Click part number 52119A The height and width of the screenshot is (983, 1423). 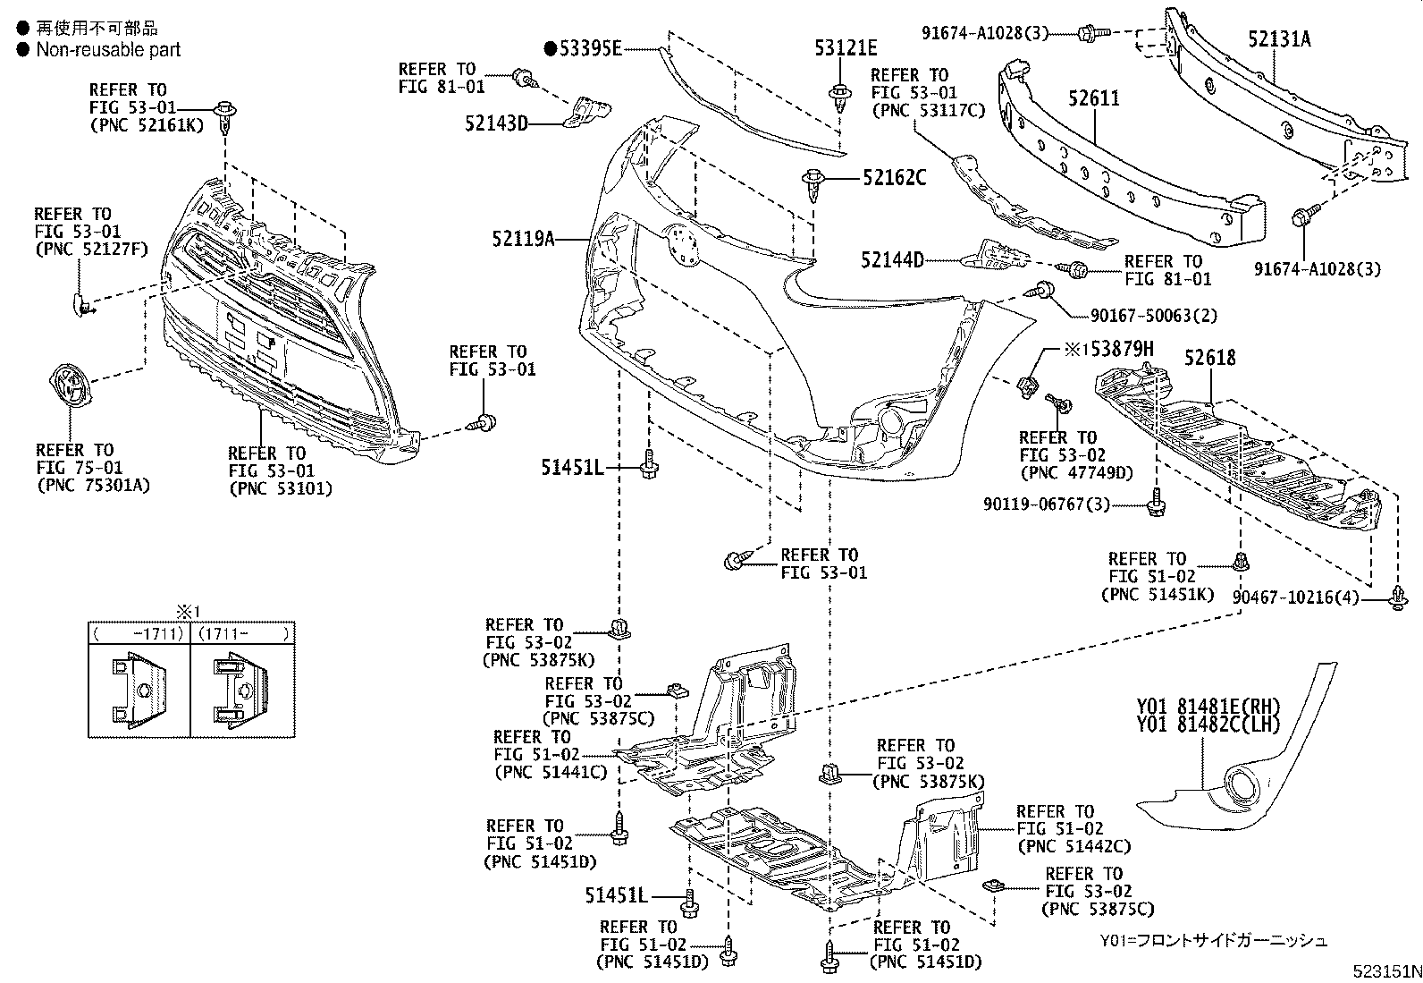[x=523, y=239]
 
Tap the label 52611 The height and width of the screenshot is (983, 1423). [x=1093, y=97]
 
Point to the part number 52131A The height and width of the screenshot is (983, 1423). [x=1279, y=38]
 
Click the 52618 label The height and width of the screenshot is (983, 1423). [x=1210, y=358]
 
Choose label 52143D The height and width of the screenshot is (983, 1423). [x=496, y=123]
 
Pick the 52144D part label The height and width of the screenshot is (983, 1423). [x=892, y=260]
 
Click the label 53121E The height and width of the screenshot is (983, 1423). [x=845, y=48]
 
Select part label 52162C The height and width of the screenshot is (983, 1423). [x=894, y=178]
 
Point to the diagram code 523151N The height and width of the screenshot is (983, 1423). [x=1385, y=970]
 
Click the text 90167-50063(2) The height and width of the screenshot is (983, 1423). [x=1153, y=316]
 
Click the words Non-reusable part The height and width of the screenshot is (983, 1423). [x=107, y=50]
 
